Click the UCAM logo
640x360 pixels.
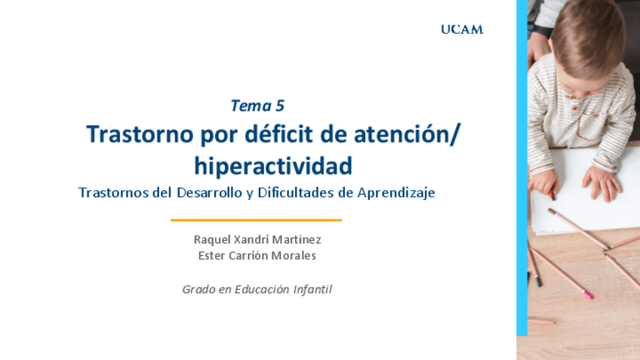coord(462,30)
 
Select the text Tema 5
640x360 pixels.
coord(257,106)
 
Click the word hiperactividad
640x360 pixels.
coord(272,164)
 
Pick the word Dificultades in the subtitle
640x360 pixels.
coord(295,192)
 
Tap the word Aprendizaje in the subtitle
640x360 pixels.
coord(397,192)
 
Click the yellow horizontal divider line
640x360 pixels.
coord(256,220)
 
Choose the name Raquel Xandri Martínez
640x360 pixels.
coord(257,239)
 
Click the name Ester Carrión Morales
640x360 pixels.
coord(257,256)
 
